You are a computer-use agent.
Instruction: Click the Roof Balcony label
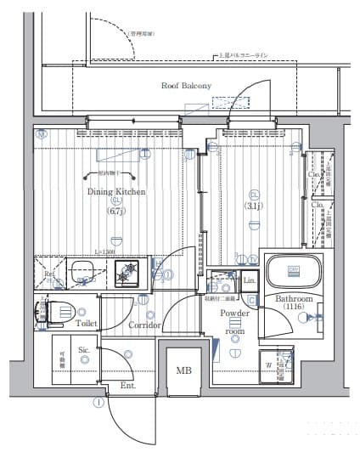coord(186,86)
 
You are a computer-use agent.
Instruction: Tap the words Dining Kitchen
coord(116,192)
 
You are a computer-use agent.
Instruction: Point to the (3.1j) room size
coord(255,206)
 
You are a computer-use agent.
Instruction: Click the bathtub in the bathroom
coord(293,272)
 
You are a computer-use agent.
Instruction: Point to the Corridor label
coord(144,325)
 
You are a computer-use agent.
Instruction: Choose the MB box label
coord(183,370)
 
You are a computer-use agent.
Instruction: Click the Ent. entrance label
coord(128,386)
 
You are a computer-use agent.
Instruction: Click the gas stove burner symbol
coord(130,273)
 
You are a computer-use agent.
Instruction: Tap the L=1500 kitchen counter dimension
coord(107,252)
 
